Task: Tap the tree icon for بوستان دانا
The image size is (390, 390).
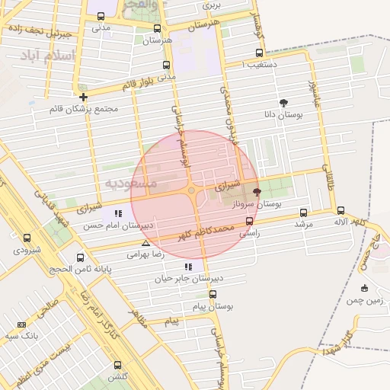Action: (284, 103)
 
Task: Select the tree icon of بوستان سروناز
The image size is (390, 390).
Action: (256, 193)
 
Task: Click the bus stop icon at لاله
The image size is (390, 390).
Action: (340, 211)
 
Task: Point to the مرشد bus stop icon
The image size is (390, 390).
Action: (304, 213)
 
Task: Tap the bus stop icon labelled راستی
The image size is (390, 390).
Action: (249, 222)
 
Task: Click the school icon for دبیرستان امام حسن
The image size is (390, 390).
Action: (118, 214)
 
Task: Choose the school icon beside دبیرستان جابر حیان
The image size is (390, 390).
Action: (187, 267)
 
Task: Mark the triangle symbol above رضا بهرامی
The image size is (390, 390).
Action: (145, 244)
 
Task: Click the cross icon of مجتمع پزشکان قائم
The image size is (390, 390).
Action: (83, 97)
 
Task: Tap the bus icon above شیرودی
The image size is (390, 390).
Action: (27, 238)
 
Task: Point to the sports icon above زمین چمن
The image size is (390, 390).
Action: (364, 288)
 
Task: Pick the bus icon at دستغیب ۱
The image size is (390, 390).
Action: (260, 53)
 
